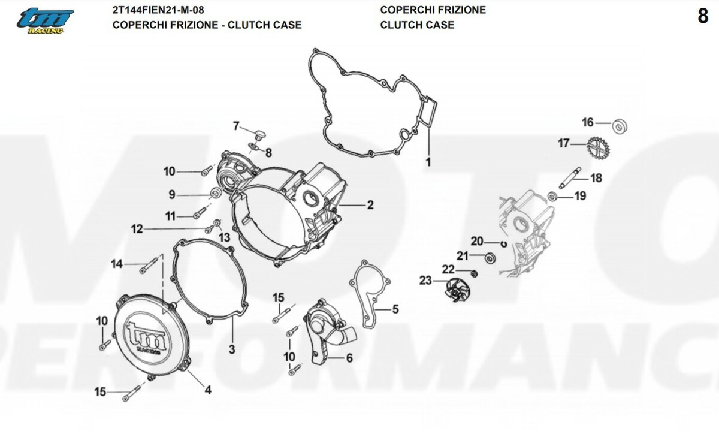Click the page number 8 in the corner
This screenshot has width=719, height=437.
[x=703, y=17]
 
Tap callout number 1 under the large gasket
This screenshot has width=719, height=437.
[x=428, y=162]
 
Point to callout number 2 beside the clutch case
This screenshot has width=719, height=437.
[x=370, y=206]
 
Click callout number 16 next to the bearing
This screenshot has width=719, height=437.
[x=587, y=123]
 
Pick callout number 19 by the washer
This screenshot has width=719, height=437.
[x=580, y=196]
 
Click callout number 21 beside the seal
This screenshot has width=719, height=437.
[x=462, y=257]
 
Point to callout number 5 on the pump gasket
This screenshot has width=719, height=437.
[x=395, y=310]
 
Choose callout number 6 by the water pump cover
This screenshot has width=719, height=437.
[x=348, y=358]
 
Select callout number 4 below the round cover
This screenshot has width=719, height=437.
[x=207, y=391]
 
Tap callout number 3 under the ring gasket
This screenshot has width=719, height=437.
[x=232, y=348]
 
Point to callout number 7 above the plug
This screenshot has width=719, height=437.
[x=236, y=126]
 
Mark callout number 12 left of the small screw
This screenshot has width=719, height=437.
[x=137, y=228]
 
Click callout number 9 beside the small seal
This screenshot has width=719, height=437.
[x=171, y=194]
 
